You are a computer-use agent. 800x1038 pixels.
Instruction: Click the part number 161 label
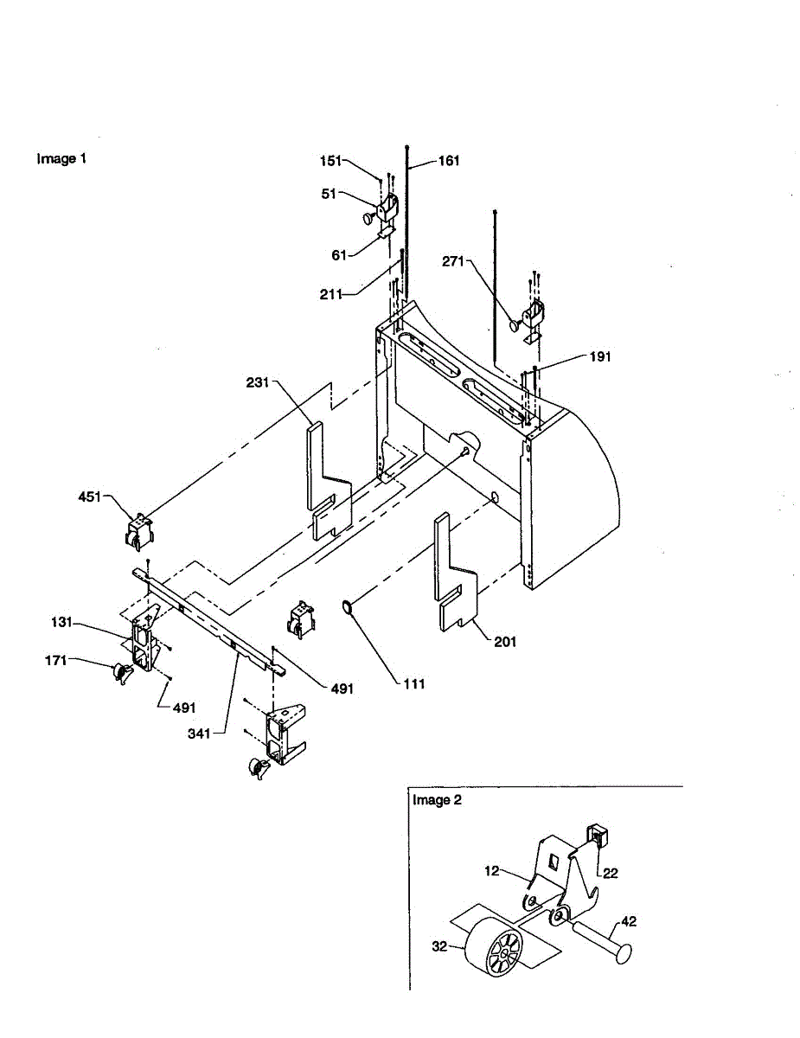coord(449,161)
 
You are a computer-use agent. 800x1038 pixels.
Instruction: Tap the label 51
coord(330,195)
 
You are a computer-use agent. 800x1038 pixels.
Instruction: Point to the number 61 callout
coord(338,255)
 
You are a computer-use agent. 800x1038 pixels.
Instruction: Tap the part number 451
coord(89,497)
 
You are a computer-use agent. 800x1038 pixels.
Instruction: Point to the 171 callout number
coord(56,662)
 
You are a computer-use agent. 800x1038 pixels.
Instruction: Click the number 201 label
coord(504,641)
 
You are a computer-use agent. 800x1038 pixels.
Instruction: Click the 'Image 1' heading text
coord(61,159)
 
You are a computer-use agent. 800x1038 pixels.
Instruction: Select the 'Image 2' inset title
coord(437,800)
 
